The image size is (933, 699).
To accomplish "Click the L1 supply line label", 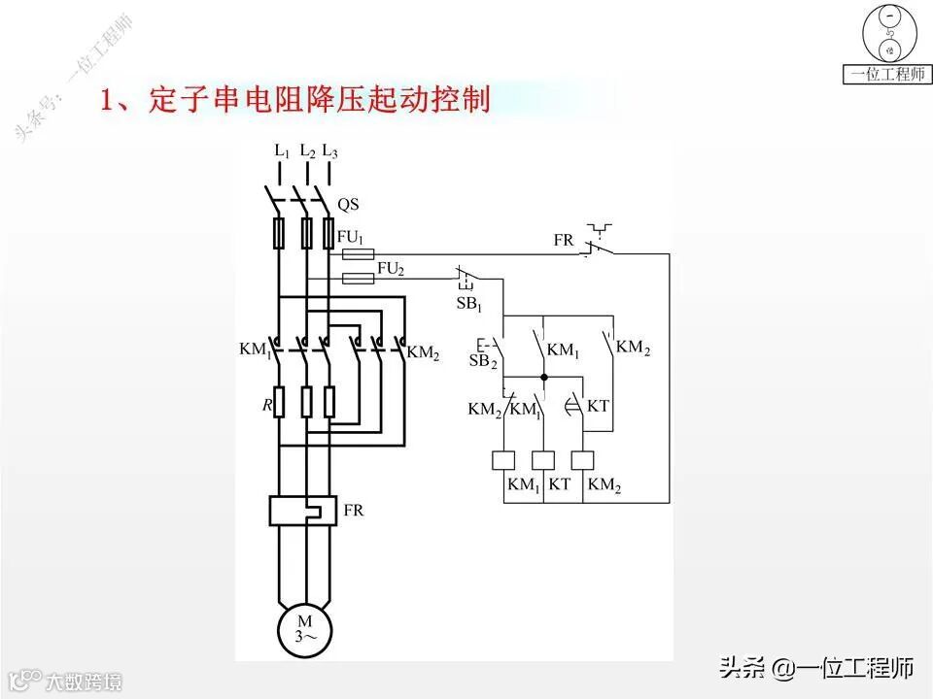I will [282, 151].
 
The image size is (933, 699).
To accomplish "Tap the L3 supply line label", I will [330, 151].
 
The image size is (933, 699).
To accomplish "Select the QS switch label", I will [348, 204].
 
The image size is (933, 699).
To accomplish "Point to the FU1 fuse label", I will [350, 236].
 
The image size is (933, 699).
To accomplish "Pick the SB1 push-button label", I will [469, 305].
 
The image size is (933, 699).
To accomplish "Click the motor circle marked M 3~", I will [305, 628].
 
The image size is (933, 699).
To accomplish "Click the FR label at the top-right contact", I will [564, 240].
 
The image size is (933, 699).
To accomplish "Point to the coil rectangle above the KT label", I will [543, 460].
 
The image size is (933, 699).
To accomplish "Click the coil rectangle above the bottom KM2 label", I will [583, 460].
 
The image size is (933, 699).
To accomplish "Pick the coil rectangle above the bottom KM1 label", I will [503, 460].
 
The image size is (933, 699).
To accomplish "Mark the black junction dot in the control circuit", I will [543, 377].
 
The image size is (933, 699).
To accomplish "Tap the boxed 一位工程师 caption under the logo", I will [886, 75].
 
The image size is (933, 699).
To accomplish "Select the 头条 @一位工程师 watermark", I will [816, 668].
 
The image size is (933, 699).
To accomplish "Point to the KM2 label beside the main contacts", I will [424, 353].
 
